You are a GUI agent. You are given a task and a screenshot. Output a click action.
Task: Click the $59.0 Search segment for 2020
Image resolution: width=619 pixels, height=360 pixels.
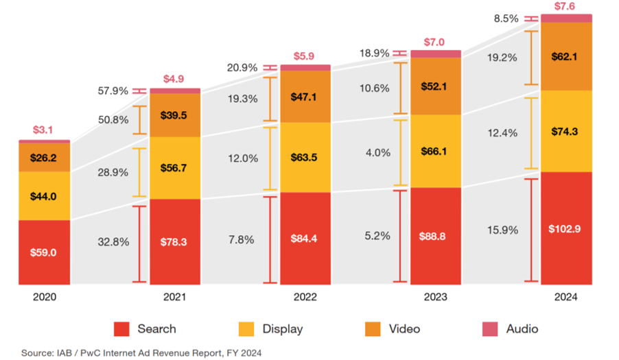[44, 252]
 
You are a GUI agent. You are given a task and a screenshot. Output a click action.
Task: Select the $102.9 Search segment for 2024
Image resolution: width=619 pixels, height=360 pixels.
[566, 228]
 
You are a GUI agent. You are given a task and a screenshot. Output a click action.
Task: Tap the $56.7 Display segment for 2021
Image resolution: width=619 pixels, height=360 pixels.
[175, 168]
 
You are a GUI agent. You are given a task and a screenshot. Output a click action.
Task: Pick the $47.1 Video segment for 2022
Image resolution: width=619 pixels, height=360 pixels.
[305, 97]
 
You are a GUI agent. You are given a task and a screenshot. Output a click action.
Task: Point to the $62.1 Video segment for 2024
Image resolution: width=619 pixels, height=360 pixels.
[566, 56]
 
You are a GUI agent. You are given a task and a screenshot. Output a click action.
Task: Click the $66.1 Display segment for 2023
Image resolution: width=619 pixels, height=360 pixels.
[436, 151]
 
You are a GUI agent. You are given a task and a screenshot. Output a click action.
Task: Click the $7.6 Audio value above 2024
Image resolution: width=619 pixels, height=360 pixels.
[566, 7]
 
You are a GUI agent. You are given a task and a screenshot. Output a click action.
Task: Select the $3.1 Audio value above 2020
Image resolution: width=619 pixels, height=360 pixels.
[44, 130]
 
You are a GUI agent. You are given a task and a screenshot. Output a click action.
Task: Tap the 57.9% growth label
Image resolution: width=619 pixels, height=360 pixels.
[114, 91]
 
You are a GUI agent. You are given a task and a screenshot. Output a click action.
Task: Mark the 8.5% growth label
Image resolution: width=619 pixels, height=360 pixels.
[506, 19]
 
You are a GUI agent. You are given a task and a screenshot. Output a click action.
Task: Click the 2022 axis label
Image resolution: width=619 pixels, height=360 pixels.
[305, 297]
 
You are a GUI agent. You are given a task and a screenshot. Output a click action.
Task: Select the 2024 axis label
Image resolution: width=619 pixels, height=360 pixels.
[566, 297]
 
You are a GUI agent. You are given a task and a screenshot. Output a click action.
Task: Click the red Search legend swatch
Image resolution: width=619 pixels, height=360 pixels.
[122, 329]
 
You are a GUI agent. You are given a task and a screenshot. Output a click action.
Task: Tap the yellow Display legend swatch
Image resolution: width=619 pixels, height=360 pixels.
[246, 329]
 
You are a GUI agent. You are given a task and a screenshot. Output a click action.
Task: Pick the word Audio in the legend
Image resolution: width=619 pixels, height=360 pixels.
[522, 329]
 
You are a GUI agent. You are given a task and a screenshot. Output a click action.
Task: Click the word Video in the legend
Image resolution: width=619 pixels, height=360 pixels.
[404, 329]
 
